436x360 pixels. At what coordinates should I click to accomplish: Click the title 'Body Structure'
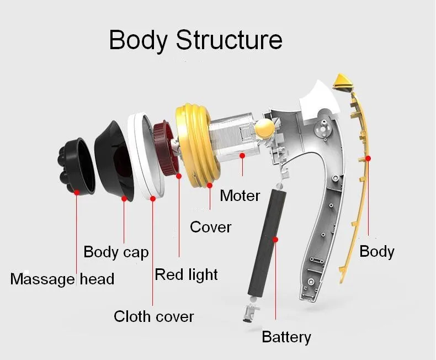pos(195,40)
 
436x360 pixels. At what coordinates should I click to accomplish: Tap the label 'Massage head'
pos(62,279)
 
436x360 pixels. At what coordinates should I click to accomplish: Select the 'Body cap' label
pos(116,252)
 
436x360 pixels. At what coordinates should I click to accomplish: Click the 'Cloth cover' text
pos(154,316)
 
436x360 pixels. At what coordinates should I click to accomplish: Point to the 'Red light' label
pos(186,274)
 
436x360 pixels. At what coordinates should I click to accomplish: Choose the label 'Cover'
pos(210,227)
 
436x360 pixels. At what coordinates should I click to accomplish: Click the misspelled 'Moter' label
pos(240,195)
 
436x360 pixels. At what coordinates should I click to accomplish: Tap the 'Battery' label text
pos(286,337)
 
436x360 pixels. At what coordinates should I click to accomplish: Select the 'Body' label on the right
pos(376,251)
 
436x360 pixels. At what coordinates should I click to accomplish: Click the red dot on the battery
pos(276,240)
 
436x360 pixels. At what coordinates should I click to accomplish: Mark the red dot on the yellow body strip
pos(368,158)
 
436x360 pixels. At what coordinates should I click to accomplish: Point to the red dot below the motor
pos(241,156)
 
